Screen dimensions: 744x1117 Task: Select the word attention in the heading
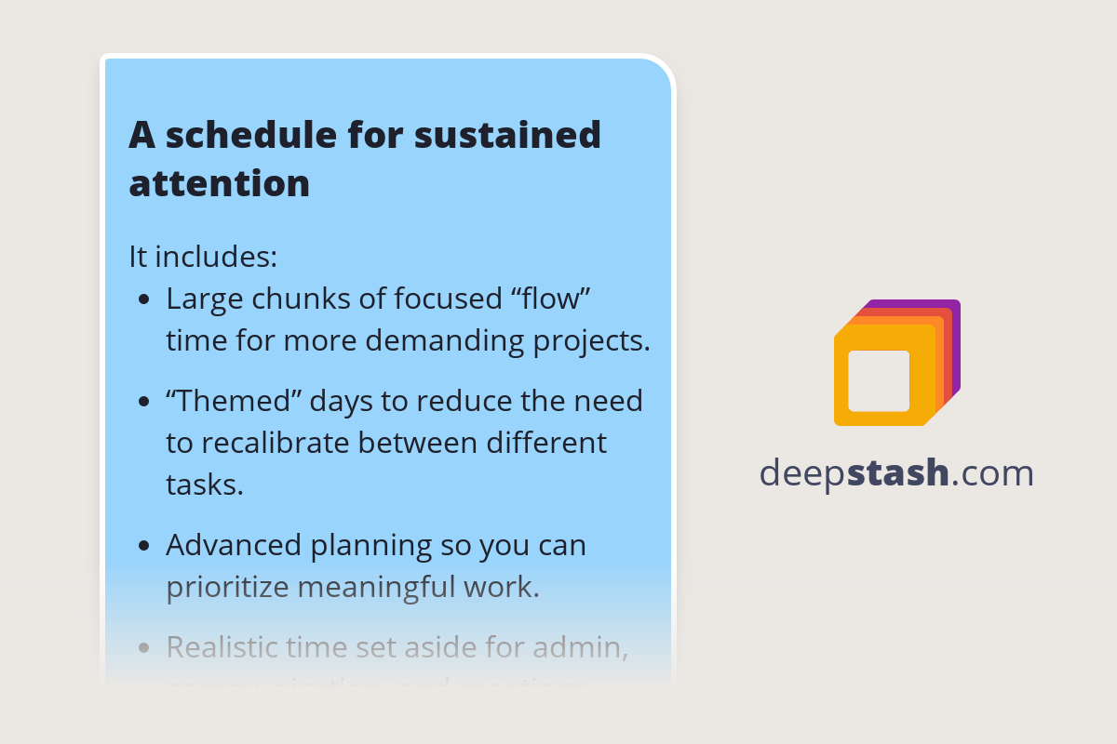pyautogui.click(x=219, y=184)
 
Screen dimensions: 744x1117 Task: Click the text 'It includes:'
pyautogui.click(x=203, y=256)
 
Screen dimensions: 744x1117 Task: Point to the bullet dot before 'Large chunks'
pyautogui.click(x=143, y=300)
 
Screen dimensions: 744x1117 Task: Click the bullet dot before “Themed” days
pyautogui.click(x=143, y=402)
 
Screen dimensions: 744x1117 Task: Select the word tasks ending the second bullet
pyautogui.click(x=204, y=484)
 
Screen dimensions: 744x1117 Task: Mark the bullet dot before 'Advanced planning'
pyautogui.click(x=143, y=546)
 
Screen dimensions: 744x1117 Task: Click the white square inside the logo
pyautogui.click(x=879, y=380)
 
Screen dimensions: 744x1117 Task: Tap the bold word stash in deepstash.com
pyautogui.click(x=898, y=473)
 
